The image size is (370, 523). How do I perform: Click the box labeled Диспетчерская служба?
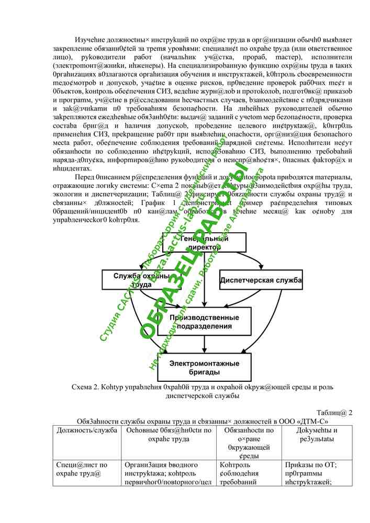click(261, 280)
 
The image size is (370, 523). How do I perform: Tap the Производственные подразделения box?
click(204, 322)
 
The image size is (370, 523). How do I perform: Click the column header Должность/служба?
click(86, 430)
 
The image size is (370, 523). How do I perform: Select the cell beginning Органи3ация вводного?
click(161, 465)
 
